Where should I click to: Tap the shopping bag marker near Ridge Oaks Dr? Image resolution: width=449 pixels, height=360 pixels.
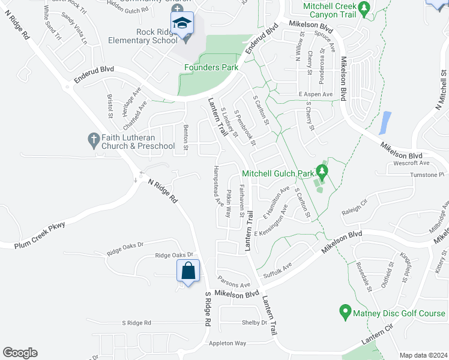pyautogui.click(x=188, y=270)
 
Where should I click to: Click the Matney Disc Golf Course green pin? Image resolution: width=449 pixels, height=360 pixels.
pyautogui.click(x=345, y=312)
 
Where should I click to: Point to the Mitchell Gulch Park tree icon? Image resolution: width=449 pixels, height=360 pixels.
pyautogui.click(x=322, y=173)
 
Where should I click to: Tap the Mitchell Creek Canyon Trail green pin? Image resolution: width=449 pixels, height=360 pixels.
pyautogui.click(x=364, y=8)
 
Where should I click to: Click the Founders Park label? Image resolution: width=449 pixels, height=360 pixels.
pyautogui.click(x=211, y=67)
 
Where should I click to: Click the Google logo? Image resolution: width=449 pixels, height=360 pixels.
pyautogui.click(x=20, y=352)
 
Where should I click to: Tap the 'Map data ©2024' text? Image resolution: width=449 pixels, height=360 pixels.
pyautogui.click(x=423, y=355)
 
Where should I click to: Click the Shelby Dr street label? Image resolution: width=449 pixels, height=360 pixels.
pyautogui.click(x=254, y=322)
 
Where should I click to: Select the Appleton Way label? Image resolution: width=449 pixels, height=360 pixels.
pyautogui.click(x=228, y=343)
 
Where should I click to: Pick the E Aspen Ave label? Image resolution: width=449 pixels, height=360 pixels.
pyautogui.click(x=315, y=95)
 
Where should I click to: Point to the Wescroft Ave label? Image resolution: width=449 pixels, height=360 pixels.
pyautogui.click(x=412, y=163)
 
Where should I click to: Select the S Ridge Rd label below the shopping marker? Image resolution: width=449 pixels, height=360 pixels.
pyautogui.click(x=208, y=309)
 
